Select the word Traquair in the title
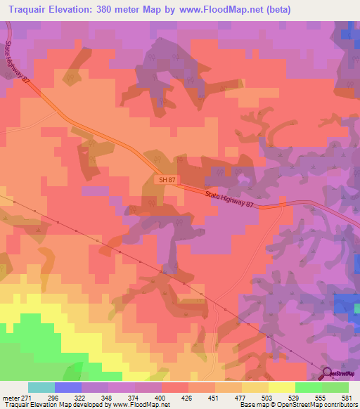tap(34, 10)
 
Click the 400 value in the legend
tap(162, 397)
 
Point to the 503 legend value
tap(269, 397)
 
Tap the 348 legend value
tap(108, 397)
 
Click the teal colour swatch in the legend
tap(41, 387)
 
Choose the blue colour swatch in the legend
tap(68, 387)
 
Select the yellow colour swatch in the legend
tap(282, 387)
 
